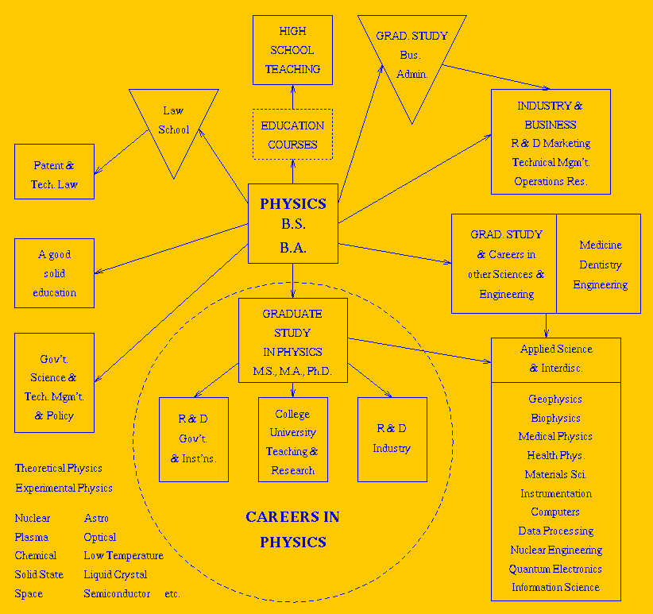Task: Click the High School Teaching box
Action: click(x=292, y=50)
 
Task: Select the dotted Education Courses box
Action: click(x=292, y=135)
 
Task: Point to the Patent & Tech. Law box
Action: click(x=54, y=172)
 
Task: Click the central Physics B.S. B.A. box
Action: click(x=293, y=225)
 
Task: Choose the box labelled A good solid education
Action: click(x=54, y=273)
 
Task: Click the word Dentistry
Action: click(x=600, y=265)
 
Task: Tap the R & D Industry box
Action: click(x=392, y=439)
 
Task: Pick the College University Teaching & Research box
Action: click(x=292, y=442)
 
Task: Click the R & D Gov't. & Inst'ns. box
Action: click(x=193, y=439)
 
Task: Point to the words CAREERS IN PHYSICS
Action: click(x=292, y=530)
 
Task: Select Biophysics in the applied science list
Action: click(x=555, y=418)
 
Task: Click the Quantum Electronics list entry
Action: click(x=555, y=569)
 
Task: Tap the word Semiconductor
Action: click(x=117, y=593)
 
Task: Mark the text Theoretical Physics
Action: click(x=59, y=469)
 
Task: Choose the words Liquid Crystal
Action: click(x=115, y=574)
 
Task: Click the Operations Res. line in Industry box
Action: click(x=551, y=181)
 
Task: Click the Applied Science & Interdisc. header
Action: click(x=555, y=358)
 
